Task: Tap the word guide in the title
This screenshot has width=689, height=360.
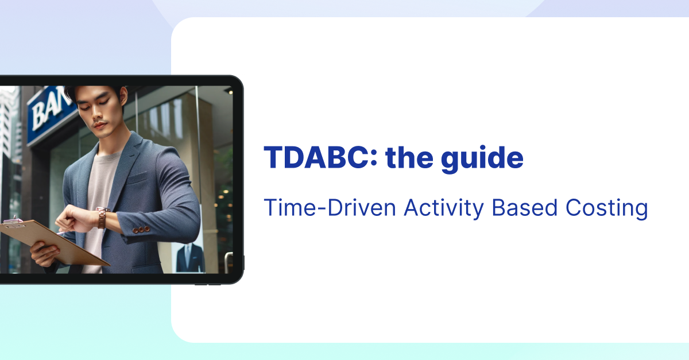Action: (x=482, y=159)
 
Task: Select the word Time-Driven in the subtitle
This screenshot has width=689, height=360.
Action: (x=330, y=208)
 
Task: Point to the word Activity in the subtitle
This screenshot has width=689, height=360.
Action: (x=444, y=209)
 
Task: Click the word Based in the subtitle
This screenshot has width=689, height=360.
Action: (x=524, y=208)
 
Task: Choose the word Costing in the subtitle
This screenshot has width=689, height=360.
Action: (x=606, y=209)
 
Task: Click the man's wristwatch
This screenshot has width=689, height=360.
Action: (x=101, y=218)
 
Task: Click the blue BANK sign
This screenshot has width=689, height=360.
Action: (x=51, y=114)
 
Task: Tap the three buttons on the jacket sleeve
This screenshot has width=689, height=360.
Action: (x=141, y=229)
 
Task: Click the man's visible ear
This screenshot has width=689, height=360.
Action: (x=124, y=96)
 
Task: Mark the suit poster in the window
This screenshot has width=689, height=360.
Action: (x=188, y=257)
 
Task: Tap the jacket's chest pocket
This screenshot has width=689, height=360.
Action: (x=137, y=178)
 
